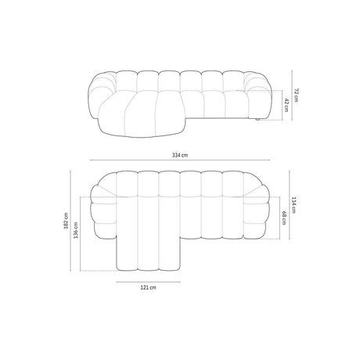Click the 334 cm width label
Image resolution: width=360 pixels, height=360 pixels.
pos(180,156)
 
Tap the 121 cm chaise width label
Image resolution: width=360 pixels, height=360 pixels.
pos(149,289)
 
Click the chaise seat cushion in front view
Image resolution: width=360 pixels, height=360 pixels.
pos(133,113)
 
